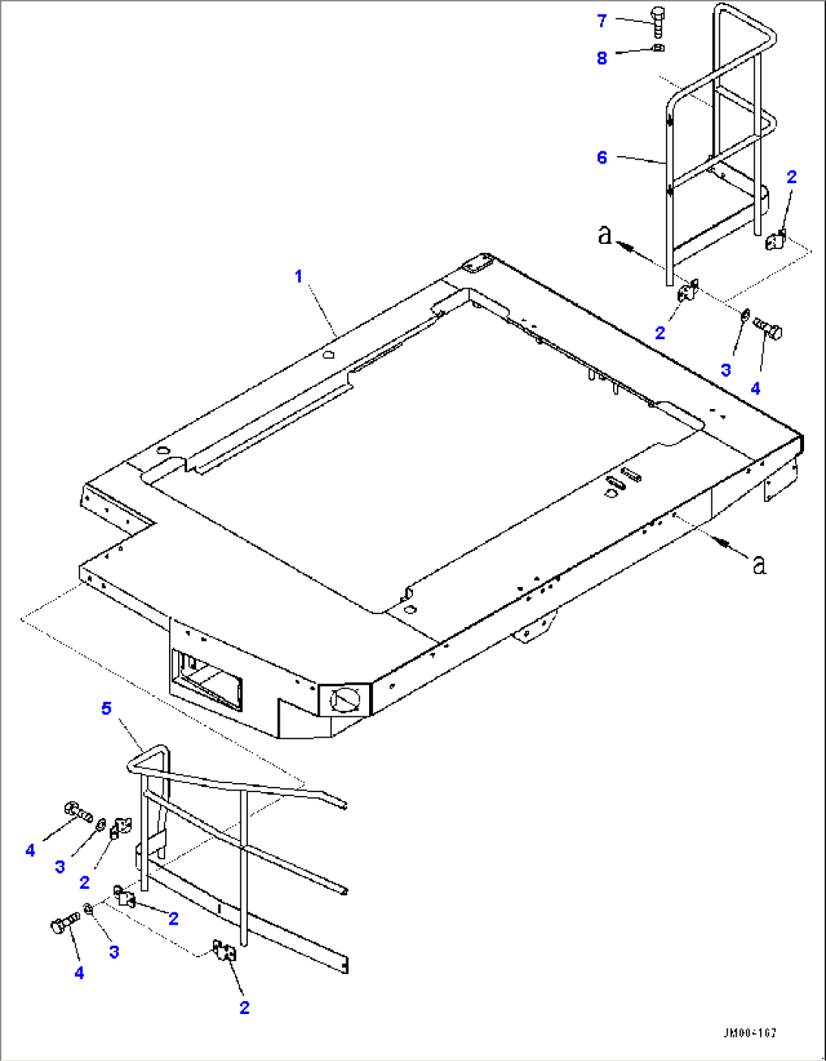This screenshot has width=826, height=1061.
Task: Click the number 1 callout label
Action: (x=299, y=277)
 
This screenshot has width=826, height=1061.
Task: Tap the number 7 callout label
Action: (x=602, y=21)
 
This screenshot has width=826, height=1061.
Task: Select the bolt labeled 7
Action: (x=657, y=22)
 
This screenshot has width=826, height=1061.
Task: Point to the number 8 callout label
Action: (x=602, y=58)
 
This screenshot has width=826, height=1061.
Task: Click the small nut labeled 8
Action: (x=658, y=48)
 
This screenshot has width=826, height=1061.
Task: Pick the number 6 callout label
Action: (x=602, y=158)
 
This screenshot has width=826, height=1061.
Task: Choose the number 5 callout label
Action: (x=106, y=708)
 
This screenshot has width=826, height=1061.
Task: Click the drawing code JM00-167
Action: (x=749, y=1033)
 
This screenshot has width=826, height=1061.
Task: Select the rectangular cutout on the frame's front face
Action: (x=208, y=679)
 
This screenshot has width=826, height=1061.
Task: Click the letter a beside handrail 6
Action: (x=605, y=235)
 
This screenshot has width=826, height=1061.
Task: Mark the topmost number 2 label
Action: (x=792, y=177)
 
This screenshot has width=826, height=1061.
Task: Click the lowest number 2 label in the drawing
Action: (x=244, y=1008)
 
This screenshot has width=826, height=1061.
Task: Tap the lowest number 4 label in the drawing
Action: (x=80, y=973)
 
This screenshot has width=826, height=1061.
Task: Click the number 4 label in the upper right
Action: (x=756, y=389)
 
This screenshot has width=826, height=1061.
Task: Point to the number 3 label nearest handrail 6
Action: (x=726, y=370)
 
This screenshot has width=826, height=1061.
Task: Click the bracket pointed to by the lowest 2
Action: (x=224, y=951)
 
